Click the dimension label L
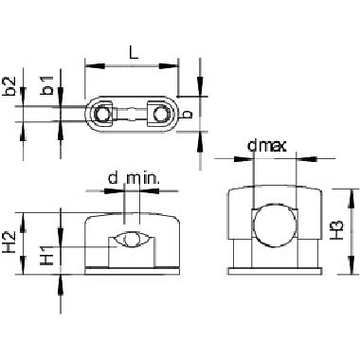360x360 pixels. click(x=134, y=53)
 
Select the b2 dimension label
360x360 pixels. click(x=9, y=86)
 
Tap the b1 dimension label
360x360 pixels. click(x=47, y=85)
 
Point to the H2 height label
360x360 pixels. click(x=9, y=242)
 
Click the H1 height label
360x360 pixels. click(x=47, y=255)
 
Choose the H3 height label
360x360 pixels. click(x=337, y=229)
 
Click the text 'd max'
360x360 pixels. click(x=267, y=146)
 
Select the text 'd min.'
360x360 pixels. click(x=134, y=178)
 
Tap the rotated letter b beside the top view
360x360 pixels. click(x=188, y=114)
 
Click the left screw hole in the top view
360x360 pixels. click(x=101, y=114)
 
